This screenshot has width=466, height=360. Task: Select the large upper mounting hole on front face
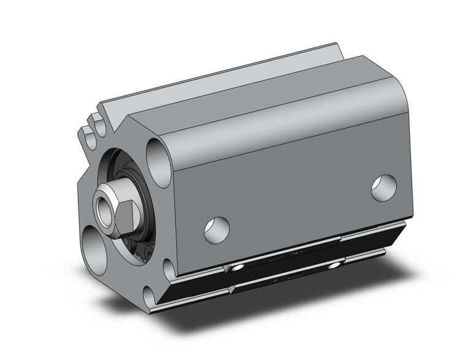click(158, 161)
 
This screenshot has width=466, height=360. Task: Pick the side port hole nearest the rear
click(384, 188)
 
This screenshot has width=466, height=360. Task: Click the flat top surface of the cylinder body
click(245, 92)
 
